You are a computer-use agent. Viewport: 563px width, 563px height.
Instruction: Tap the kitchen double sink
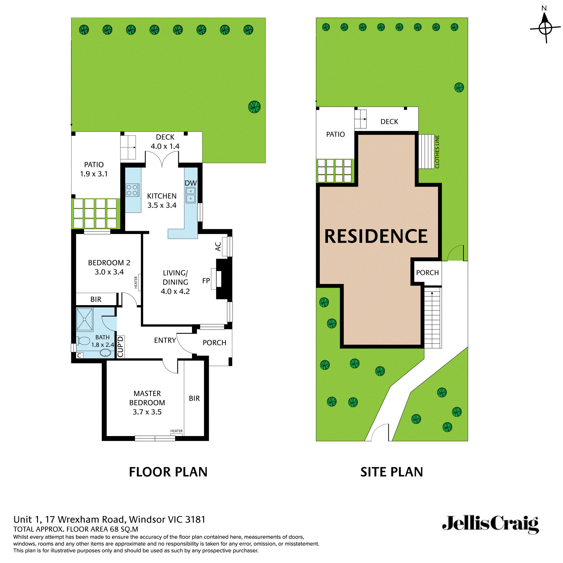(x=191, y=195)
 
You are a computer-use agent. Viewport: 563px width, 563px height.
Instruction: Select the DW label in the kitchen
(x=191, y=183)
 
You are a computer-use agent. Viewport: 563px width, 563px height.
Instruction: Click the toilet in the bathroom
(x=83, y=341)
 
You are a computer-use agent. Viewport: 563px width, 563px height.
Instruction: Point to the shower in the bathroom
(x=84, y=320)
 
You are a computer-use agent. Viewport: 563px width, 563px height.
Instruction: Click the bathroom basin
(x=105, y=354)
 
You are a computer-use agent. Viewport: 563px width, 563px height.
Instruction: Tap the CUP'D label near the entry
(x=120, y=347)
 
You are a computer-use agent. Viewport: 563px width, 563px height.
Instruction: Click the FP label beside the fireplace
(x=206, y=281)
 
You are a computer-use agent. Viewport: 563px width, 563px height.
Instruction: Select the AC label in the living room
(x=218, y=247)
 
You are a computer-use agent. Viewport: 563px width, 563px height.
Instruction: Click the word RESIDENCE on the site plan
(x=376, y=236)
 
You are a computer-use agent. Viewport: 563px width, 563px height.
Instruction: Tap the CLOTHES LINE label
(x=437, y=151)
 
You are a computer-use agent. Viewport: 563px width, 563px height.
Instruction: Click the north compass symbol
(x=545, y=28)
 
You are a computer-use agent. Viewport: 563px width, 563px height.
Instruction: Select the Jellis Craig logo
(x=490, y=524)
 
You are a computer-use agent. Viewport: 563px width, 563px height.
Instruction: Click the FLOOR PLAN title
(x=168, y=472)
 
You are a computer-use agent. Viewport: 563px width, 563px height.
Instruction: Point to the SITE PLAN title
(x=392, y=472)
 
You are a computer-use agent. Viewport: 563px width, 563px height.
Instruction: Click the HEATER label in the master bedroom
(x=176, y=431)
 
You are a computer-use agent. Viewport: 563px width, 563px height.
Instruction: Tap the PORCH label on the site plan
(x=427, y=273)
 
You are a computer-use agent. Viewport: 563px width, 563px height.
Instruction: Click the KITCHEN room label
(x=162, y=196)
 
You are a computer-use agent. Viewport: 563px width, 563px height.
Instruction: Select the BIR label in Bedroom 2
(x=96, y=299)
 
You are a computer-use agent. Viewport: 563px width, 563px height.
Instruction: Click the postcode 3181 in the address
(x=195, y=520)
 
